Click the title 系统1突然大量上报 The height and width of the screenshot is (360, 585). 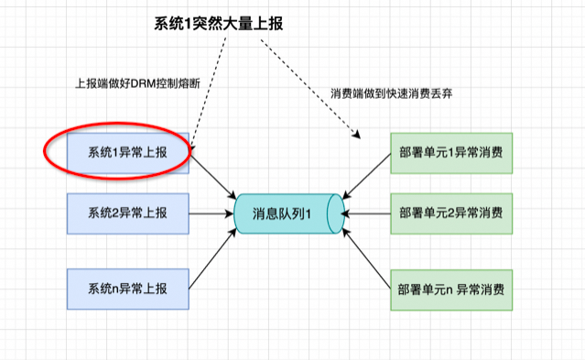217,25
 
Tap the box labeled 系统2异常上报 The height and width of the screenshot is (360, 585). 128,213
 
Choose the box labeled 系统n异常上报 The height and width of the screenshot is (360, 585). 128,289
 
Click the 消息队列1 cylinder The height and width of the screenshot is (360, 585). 288,213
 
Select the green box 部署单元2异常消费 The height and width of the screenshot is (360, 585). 450,213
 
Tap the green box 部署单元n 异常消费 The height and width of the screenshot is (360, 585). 450,289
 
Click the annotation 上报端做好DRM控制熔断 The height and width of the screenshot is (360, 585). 136,82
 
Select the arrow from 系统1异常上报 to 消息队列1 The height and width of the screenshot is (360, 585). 212,175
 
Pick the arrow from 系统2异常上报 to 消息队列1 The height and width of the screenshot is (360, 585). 212,213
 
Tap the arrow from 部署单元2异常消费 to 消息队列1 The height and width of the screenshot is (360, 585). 366,213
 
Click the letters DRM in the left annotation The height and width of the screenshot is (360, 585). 141,82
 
